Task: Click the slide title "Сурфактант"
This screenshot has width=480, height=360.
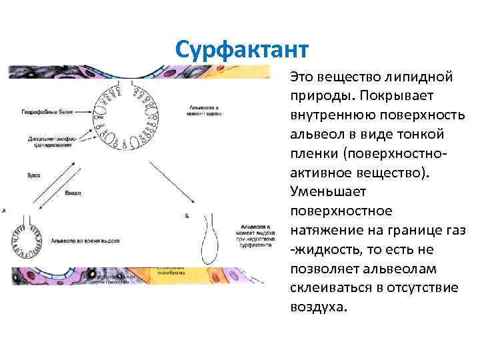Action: (x=242, y=49)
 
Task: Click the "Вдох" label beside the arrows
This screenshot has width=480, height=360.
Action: (x=34, y=175)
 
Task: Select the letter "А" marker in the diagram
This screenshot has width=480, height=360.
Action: (x=5, y=211)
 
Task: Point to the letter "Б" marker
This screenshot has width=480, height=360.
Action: (x=187, y=216)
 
